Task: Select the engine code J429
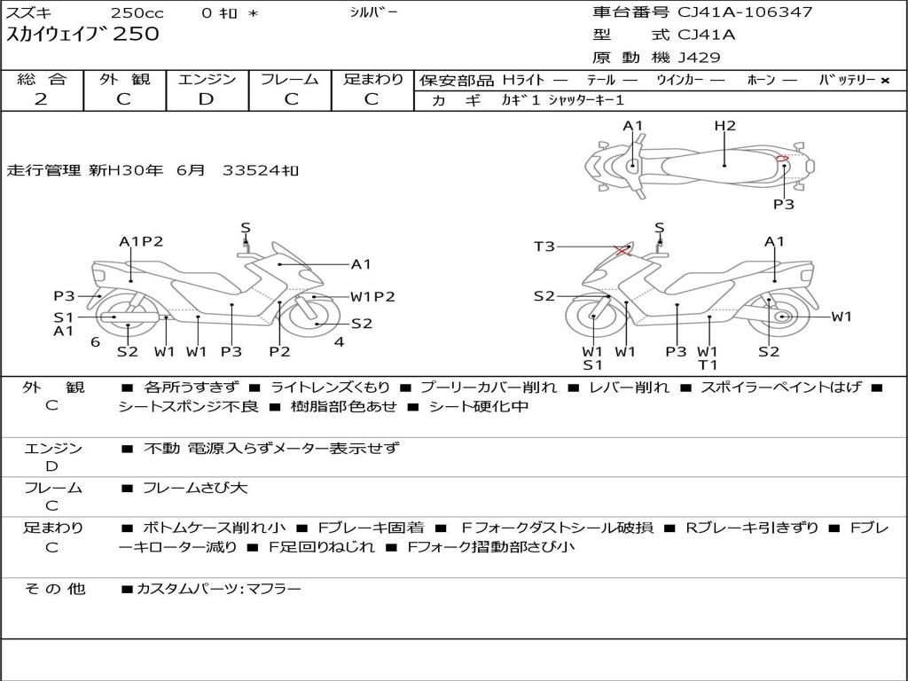point(699,58)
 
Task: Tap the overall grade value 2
point(41,99)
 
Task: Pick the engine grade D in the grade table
point(206,99)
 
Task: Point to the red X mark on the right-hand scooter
point(622,251)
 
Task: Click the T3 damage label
point(544,247)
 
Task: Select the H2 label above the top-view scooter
point(725,126)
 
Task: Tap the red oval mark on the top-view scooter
point(782,160)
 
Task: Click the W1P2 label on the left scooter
point(372,297)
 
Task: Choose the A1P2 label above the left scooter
point(141,241)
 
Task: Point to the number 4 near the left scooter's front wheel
point(339,342)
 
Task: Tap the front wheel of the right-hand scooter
point(591,317)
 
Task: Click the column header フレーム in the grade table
point(290,79)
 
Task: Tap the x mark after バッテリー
point(884,81)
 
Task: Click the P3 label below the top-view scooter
point(783,204)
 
